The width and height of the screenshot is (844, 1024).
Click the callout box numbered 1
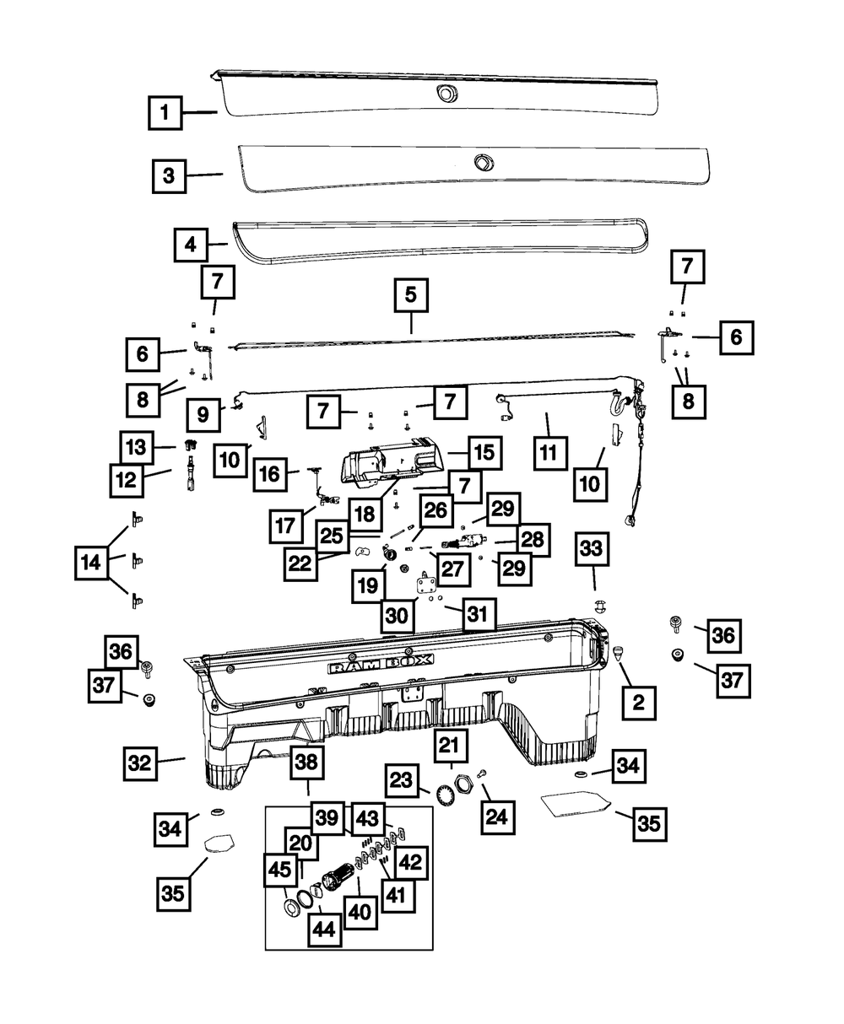(165, 112)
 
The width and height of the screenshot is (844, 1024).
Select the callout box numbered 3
(169, 175)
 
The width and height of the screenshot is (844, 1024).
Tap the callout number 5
(410, 296)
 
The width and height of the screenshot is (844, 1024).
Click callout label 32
(139, 763)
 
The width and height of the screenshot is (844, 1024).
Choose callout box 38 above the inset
(307, 763)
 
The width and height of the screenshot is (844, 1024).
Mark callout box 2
(639, 701)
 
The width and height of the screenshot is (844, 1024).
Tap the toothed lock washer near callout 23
(443, 795)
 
